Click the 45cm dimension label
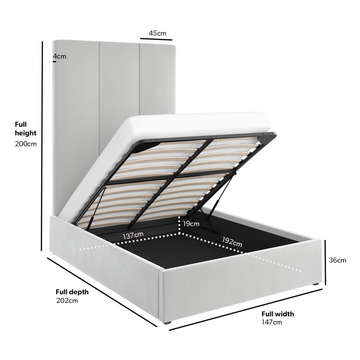157,33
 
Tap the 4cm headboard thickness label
60,56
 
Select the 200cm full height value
26,144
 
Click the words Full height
26,129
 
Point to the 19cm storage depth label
191,224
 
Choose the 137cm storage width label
133,235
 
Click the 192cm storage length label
232,242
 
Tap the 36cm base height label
337,260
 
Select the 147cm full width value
272,322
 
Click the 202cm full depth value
67,300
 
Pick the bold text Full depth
72,292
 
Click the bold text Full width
278,314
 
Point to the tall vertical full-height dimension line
42,146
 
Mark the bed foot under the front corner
168,323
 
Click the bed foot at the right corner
316,284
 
